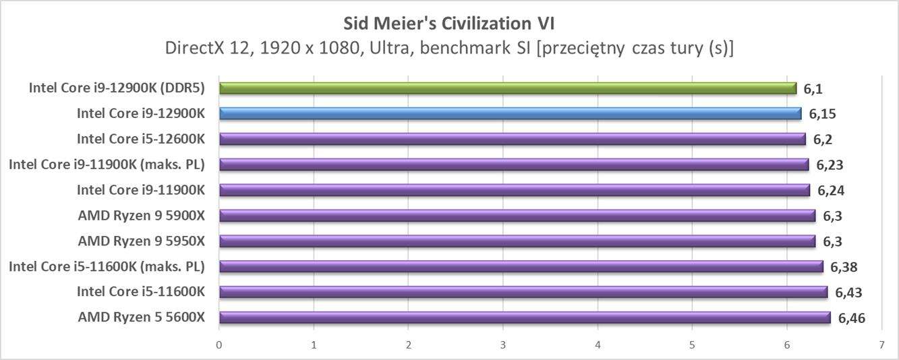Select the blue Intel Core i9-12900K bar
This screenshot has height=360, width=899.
[x=510, y=114]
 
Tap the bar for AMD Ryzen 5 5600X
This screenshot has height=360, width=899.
[x=524, y=318]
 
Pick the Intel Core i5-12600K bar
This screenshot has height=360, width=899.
[x=512, y=140]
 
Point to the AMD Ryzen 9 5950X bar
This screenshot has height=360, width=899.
[x=517, y=241]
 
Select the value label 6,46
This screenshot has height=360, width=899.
[x=851, y=318]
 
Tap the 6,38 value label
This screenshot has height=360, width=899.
[x=844, y=267]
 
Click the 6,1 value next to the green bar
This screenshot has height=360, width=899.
[x=813, y=88]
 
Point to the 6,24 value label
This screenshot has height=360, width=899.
[x=831, y=191]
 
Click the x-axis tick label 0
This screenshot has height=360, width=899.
[x=219, y=344]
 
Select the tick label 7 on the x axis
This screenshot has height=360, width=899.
[x=881, y=344]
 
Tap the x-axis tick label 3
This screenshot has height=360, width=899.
[x=503, y=344]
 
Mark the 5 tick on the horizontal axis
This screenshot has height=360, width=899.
[x=692, y=344]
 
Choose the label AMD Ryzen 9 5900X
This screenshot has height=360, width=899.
[x=141, y=216]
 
